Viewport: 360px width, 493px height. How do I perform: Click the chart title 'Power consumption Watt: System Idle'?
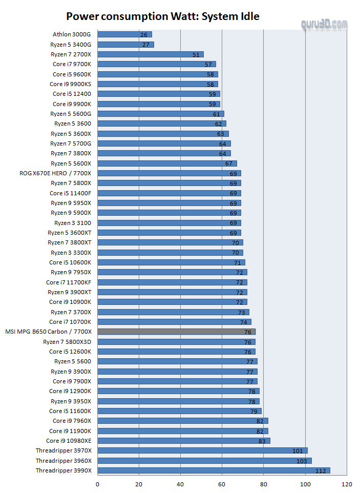[163, 16]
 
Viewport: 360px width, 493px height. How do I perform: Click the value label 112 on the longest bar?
[321, 470]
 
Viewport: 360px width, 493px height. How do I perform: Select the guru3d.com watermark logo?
[325, 25]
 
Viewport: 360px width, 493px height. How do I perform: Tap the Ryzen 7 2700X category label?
[71, 54]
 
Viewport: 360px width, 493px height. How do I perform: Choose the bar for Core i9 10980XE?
[183, 440]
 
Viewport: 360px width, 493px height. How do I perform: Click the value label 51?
[196, 54]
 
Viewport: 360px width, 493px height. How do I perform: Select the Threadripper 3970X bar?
[202, 450]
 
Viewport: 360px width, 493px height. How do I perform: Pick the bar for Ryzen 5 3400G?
[125, 45]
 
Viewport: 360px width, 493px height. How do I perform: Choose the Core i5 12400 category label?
[72, 94]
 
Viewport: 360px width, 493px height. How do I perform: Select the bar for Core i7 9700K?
[156, 64]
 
